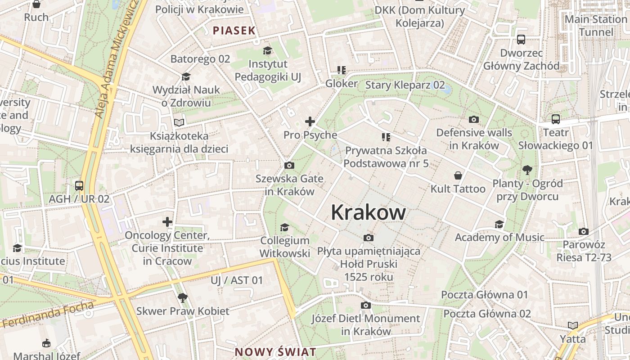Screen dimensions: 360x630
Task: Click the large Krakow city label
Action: pyautogui.click(x=368, y=212)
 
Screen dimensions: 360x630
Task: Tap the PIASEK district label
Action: pyautogui.click(x=234, y=31)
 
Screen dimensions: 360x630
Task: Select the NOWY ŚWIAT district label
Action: pyautogui.click(x=275, y=352)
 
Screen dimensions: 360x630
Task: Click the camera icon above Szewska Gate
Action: pyautogui.click(x=289, y=166)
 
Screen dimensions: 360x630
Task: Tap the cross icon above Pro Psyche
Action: pyautogui.click(x=310, y=121)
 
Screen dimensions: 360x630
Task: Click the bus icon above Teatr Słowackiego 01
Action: pyautogui.click(x=556, y=119)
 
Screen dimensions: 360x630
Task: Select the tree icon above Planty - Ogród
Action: pyautogui.click(x=527, y=170)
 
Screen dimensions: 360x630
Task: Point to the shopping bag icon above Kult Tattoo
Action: pyautogui.click(x=458, y=175)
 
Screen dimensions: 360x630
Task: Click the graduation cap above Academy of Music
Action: pyautogui.click(x=499, y=224)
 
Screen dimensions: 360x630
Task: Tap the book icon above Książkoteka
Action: pyautogui.click(x=179, y=122)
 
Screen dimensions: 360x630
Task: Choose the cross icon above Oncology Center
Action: pyautogui.click(x=167, y=222)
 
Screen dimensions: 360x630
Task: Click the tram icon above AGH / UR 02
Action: pyautogui.click(x=79, y=185)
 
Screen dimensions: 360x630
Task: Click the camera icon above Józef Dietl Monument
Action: pyautogui.click(x=366, y=306)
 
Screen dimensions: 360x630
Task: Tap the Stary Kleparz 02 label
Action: pyautogui.click(x=405, y=85)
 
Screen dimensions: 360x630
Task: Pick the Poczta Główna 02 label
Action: pyautogui.click(x=487, y=314)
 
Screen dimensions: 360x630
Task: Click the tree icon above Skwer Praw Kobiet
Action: pyautogui.click(x=182, y=297)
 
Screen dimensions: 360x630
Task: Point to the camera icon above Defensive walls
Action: pyautogui.click(x=473, y=119)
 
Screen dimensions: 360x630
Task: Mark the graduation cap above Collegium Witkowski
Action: pyautogui.click(x=284, y=227)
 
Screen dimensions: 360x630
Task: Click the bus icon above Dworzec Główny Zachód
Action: pyautogui.click(x=521, y=40)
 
